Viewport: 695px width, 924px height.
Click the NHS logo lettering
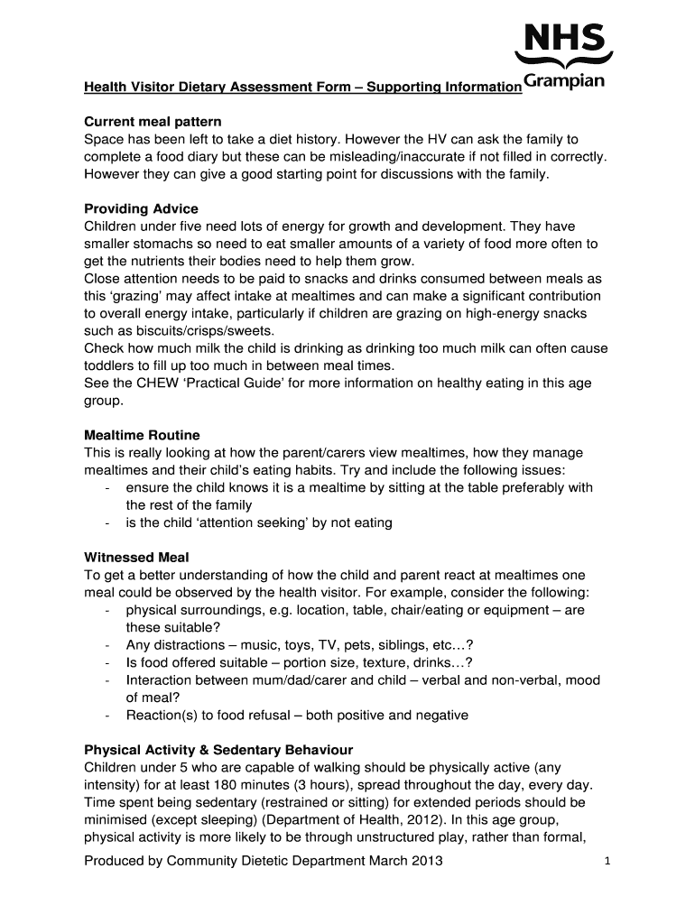click(x=564, y=40)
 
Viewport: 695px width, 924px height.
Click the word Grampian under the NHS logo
click(x=564, y=84)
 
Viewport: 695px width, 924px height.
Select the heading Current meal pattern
click(x=153, y=121)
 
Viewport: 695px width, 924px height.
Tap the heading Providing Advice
click(x=141, y=208)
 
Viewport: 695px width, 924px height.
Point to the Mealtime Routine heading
click(x=142, y=435)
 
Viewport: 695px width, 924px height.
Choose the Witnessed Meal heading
click(x=136, y=557)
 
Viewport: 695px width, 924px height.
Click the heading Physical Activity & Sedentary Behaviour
click(x=218, y=750)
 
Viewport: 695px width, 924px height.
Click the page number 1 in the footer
click(x=609, y=863)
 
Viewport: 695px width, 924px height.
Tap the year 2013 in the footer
click(x=426, y=861)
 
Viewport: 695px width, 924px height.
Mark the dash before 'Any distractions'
click(x=108, y=645)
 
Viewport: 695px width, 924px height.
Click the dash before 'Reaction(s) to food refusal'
click(x=108, y=716)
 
